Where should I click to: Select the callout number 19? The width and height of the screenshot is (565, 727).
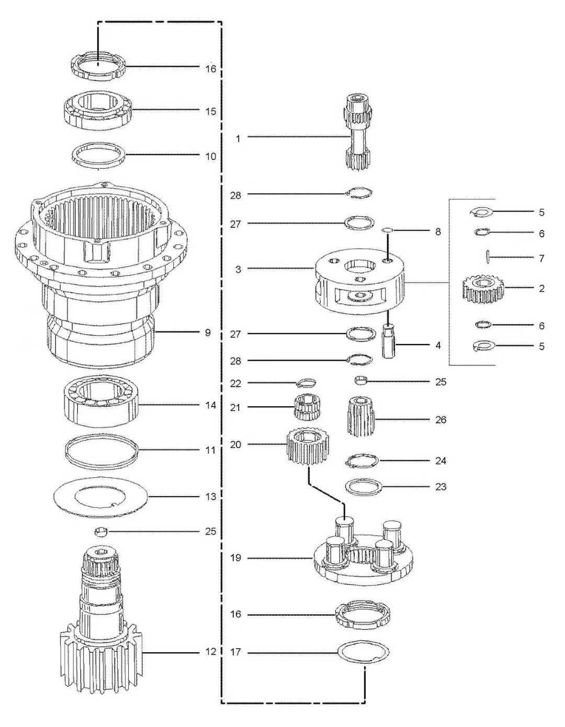[235, 558]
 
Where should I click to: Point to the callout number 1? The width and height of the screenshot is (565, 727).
[238, 139]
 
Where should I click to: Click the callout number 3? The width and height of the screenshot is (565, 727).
[238, 269]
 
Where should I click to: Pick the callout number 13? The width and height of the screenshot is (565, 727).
[210, 497]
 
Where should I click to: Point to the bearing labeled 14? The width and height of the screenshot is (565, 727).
[101, 405]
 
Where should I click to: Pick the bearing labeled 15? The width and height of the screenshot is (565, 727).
[98, 110]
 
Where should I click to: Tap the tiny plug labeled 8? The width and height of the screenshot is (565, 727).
[387, 230]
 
